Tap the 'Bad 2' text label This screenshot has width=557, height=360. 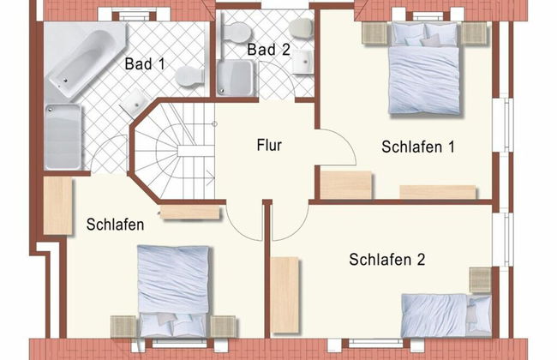(268, 50)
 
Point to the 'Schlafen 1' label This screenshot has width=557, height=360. (417, 147)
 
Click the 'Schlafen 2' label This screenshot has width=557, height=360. (386, 260)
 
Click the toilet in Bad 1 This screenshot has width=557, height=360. (189, 77)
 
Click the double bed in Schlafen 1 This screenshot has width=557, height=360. (424, 69)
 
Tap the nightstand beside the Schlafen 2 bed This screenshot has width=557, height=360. (481, 279)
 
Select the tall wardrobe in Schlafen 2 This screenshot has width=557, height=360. (285, 294)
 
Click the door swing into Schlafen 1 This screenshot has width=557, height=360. (337, 147)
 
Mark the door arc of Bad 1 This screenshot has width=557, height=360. (110, 154)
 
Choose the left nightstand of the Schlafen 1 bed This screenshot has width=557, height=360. (374, 33)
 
